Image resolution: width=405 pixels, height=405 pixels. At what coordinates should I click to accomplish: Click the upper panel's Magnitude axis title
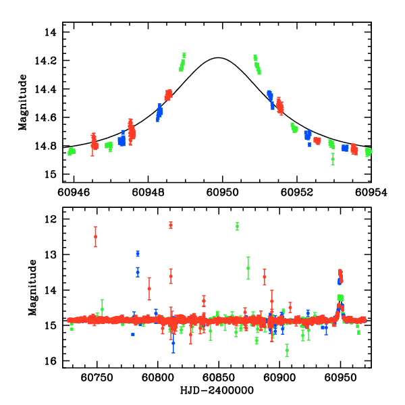click(23, 103)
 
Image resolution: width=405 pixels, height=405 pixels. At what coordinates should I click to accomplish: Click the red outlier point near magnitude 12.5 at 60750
click(96, 236)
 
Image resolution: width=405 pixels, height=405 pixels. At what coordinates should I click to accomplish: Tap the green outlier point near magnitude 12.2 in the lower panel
click(237, 226)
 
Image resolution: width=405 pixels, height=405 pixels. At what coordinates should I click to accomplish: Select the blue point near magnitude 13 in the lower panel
click(138, 254)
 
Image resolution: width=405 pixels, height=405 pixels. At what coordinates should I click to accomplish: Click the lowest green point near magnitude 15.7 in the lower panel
click(287, 350)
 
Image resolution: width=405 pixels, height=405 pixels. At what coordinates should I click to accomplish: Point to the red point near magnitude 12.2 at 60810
click(171, 225)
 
